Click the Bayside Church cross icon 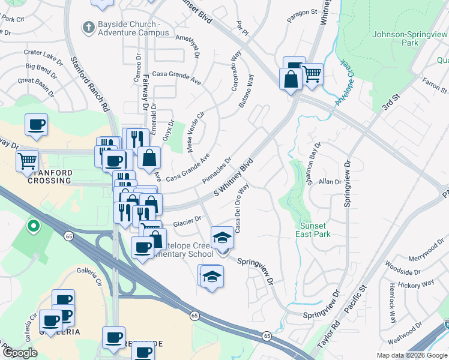click(88, 28)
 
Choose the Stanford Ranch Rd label click(91, 84)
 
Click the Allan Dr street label click(330, 181)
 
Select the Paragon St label click(301, 12)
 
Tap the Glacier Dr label click(187, 223)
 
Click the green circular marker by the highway click(34, 227)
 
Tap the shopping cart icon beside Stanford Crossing click(28, 161)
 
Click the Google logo click(20, 353)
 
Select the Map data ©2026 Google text click(411, 355)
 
